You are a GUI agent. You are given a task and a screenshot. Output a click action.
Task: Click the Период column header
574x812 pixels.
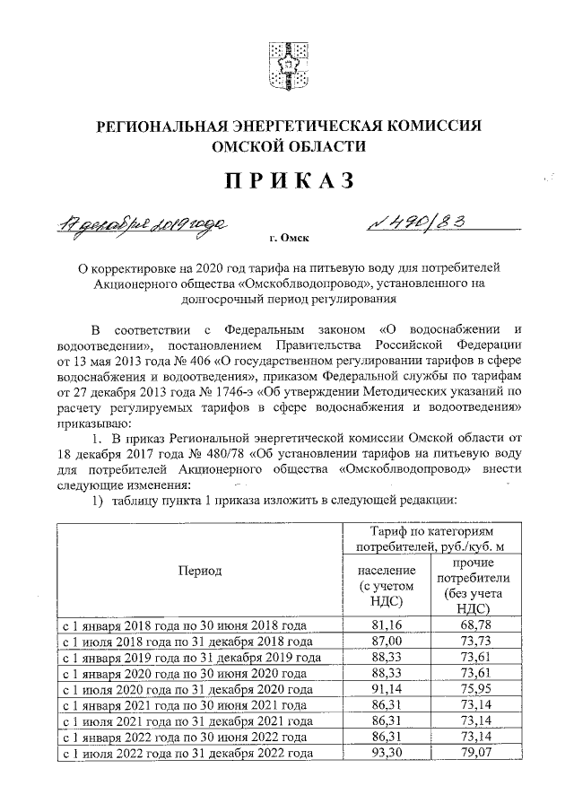[198, 570]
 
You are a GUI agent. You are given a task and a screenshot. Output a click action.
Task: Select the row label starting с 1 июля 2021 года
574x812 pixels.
[186, 721]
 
